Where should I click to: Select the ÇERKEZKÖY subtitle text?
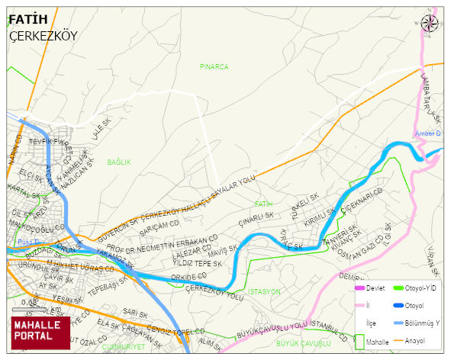43,36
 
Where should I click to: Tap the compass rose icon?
430,24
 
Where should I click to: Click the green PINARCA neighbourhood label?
214,67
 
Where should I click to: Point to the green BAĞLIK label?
119,162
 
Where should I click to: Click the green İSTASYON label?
265,291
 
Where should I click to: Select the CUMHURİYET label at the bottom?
123,346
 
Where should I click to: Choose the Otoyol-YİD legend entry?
420,288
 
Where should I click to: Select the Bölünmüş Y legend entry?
422,323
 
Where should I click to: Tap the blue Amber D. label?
428,133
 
